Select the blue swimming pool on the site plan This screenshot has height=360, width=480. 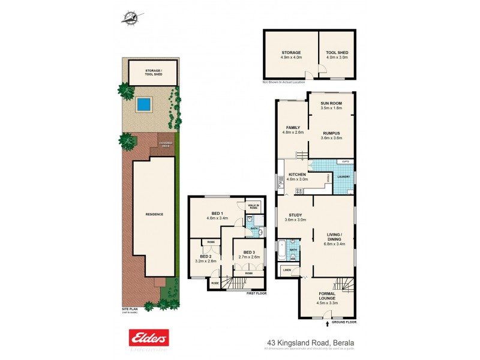point(143,104)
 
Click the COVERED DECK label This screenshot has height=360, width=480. point(165,144)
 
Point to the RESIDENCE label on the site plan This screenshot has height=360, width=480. point(154,214)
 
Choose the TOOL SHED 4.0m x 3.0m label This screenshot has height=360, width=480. point(337,55)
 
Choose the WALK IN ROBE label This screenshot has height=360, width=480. point(253,206)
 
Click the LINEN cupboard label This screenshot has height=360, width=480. point(287,270)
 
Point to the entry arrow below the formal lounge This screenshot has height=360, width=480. point(327,324)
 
